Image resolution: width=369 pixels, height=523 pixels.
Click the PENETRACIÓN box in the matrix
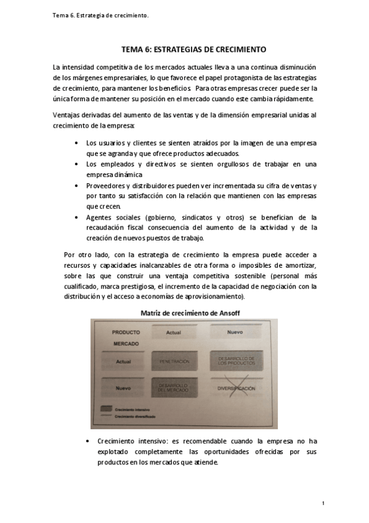[173, 360]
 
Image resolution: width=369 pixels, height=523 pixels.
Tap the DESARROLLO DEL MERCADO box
[173, 387]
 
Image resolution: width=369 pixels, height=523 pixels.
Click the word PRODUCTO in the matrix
[125, 332]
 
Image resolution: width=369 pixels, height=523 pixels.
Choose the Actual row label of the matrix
[123, 361]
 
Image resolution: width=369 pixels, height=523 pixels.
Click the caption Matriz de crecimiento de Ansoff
[190, 313]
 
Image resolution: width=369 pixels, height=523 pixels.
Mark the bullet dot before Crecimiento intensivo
[91, 442]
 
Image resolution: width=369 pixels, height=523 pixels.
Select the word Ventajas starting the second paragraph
[67, 115]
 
